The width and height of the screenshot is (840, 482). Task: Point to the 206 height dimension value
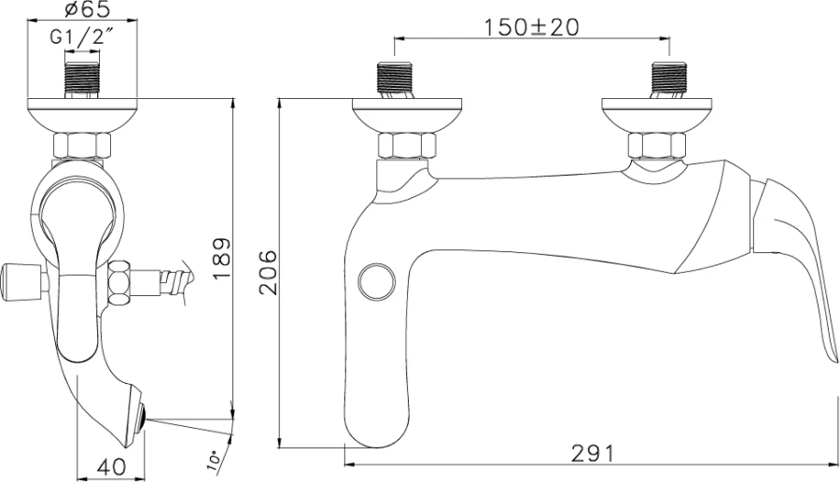[269, 272]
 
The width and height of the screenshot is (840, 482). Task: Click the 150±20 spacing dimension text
[530, 26]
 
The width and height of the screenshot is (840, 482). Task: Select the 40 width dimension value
[110, 464]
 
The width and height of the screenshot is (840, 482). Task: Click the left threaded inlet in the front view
[395, 80]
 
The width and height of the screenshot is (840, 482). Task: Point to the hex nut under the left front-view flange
[406, 146]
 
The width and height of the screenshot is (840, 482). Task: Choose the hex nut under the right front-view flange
[657, 146]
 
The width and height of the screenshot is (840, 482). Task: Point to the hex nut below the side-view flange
[82, 146]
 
